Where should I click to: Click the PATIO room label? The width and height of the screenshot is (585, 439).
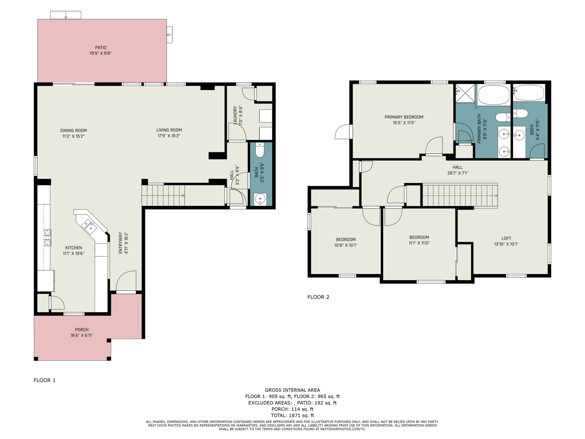pyautogui.click(x=101, y=48)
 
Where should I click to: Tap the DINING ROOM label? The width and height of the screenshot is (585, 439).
pyautogui.click(x=73, y=130)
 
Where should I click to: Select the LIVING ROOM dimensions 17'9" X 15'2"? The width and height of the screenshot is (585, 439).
pyautogui.click(x=169, y=136)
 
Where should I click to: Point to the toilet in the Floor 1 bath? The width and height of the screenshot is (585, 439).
pyautogui.click(x=260, y=150)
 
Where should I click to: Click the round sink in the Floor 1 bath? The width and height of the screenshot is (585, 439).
pyautogui.click(x=260, y=199)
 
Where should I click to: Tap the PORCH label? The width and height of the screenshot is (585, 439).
pyautogui.click(x=82, y=330)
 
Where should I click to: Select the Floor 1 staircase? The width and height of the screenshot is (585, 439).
pyautogui.click(x=163, y=195)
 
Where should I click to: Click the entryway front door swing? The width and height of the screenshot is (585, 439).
pyautogui.click(x=126, y=281)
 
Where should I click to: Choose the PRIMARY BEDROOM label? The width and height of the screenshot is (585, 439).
pyautogui.click(x=404, y=117)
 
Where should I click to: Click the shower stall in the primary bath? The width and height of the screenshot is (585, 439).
pyautogui.click(x=465, y=93)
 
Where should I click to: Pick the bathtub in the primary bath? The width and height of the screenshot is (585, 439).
pyautogui.click(x=494, y=95)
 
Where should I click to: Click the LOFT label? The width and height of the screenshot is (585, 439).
pyautogui.click(x=506, y=238)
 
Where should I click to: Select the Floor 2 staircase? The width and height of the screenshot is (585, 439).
pyautogui.click(x=460, y=195)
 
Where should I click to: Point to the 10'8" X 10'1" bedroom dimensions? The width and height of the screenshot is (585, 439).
pyautogui.click(x=346, y=245)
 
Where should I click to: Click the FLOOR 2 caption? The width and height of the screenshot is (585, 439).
pyautogui.click(x=318, y=297)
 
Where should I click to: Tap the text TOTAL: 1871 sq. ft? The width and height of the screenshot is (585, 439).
pyautogui.click(x=292, y=415)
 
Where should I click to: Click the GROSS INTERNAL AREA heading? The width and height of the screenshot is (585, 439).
pyautogui.click(x=292, y=390)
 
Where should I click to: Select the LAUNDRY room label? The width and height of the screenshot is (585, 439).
pyautogui.click(x=235, y=115)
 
